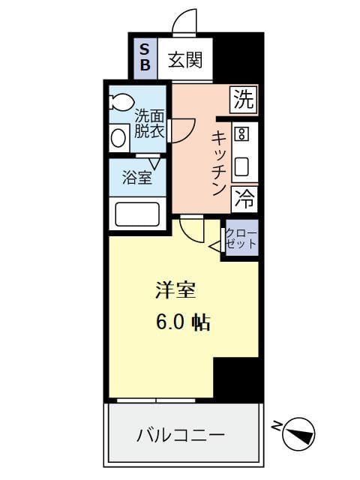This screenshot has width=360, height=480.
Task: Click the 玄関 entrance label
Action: (184, 59)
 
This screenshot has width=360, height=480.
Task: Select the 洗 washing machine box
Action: (243, 99)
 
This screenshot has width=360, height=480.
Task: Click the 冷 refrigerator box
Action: (243, 199)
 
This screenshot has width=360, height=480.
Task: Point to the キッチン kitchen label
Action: (218, 163)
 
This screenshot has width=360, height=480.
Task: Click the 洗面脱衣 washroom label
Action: (148, 124)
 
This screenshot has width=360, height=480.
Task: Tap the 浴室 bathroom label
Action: (137, 178)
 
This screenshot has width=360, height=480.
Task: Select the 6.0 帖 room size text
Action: (182, 322)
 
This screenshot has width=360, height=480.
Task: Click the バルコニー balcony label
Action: (181, 435)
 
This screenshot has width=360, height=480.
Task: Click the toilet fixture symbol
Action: (121, 101)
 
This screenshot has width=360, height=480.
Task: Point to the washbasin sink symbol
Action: (118, 137)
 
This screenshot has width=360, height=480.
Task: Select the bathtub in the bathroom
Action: (136, 214)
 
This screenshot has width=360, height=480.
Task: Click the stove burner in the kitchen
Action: (241, 134)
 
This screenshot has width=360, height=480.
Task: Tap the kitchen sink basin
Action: (241, 166)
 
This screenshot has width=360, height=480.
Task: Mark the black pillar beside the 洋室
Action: (236, 379)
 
